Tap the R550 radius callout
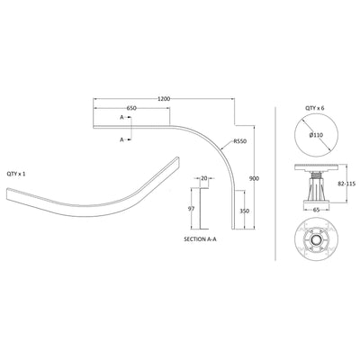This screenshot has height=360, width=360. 240,141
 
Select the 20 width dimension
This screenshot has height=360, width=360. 204,177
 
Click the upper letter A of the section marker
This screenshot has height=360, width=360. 121,117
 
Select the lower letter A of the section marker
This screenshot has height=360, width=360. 121,139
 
